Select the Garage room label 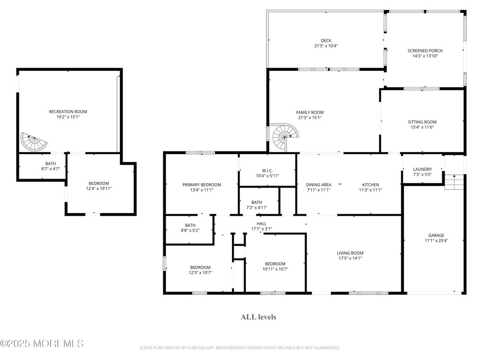tap(436, 235)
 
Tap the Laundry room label tap(422, 169)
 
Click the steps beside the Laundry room tap(454, 182)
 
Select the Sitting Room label tap(422, 122)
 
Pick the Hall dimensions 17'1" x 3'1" tap(261, 229)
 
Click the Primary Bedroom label tap(201, 184)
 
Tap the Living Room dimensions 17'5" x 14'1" tap(350, 258)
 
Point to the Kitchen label tap(370, 184)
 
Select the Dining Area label tap(318, 184)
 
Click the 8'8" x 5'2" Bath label tap(190, 225)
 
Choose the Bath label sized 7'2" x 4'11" tap(257, 202)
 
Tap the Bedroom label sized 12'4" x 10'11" tap(99, 184)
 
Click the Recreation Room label tap(68, 111)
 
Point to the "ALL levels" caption tap(258, 317)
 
